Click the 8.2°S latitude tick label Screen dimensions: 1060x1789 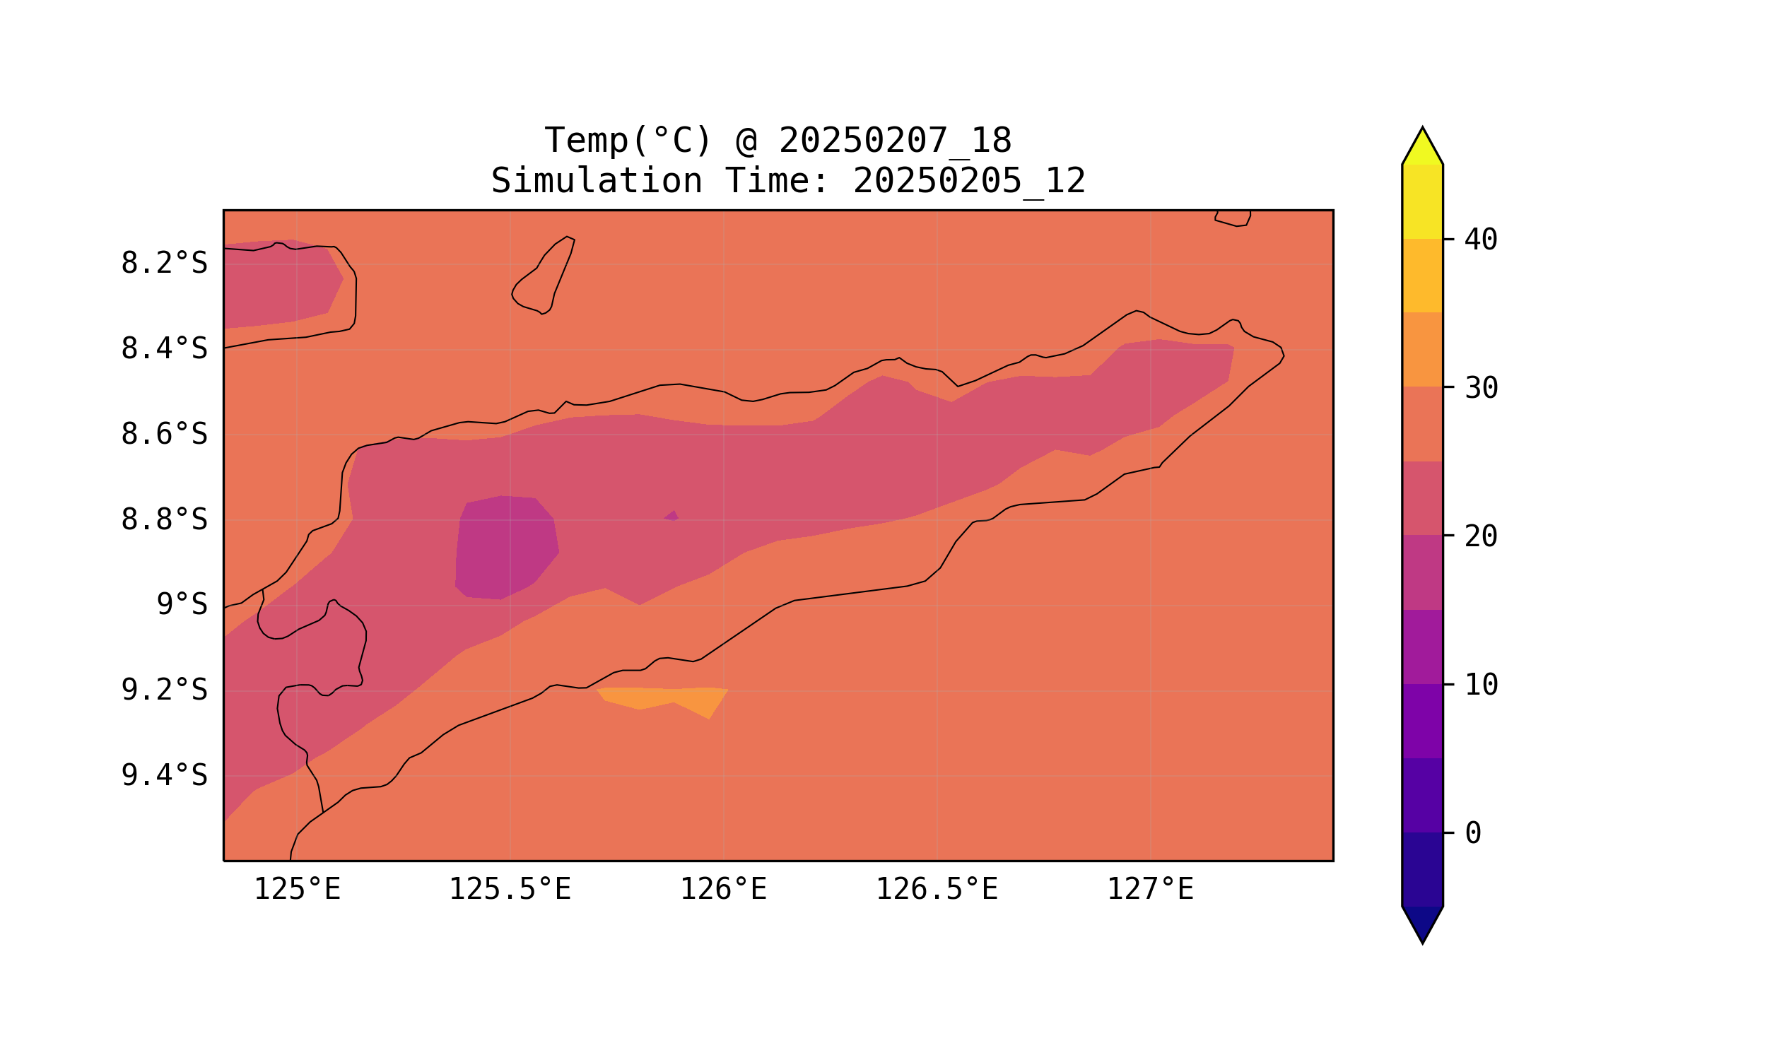point(163,264)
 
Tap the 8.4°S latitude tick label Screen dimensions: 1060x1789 point(163,349)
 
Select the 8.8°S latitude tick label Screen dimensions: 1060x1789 point(163,521)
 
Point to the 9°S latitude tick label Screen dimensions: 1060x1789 point(182,605)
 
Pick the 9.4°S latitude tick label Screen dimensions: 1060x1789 point(163,776)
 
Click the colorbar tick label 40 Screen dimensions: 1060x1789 point(1481,240)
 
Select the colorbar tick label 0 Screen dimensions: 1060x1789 point(1473,833)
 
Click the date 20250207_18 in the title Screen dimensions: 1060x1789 point(895,141)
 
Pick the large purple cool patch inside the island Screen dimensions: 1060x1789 point(506,547)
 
